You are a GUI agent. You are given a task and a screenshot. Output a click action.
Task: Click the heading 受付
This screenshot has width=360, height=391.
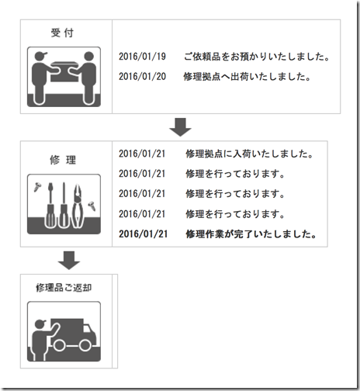point(62,33)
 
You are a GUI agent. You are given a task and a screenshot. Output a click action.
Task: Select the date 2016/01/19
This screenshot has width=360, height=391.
point(142,57)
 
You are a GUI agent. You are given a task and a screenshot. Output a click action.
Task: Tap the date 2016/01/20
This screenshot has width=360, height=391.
point(142,77)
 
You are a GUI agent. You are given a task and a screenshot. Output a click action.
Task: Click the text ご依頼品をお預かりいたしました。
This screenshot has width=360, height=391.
point(257,57)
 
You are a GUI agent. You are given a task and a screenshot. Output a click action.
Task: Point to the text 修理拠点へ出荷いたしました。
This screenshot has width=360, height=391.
point(247,77)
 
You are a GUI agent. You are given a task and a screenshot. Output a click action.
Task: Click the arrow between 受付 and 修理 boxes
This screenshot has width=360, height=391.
point(180,127)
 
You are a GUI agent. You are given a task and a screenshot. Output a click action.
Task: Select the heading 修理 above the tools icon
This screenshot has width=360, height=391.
point(63,160)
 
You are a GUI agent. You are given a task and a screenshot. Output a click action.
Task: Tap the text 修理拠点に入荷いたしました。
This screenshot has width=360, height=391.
point(250,154)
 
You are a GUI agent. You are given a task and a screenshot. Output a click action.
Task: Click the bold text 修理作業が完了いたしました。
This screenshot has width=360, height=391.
point(251,234)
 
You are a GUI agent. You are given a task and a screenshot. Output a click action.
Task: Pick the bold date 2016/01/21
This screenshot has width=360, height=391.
point(143,234)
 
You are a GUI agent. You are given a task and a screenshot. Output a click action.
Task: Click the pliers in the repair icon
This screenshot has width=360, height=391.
point(78,206)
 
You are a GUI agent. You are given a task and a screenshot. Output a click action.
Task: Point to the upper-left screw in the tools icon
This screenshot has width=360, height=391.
point(37,187)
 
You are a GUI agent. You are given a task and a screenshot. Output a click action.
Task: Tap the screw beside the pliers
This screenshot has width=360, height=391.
point(92,206)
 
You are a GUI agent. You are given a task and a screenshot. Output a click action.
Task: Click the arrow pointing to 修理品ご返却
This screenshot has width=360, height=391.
point(69,260)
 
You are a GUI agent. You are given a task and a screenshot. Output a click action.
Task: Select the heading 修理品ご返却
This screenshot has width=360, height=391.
point(64,288)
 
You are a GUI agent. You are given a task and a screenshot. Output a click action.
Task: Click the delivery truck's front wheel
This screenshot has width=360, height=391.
point(85,345)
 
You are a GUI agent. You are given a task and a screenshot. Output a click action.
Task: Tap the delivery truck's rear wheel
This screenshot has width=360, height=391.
point(59,345)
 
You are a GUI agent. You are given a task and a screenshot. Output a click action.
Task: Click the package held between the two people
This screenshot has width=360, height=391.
point(64,71)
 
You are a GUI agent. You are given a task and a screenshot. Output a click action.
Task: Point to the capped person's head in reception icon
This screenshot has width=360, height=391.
point(40,56)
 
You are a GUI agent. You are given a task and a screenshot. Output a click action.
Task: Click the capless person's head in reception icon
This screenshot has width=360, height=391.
point(89,56)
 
